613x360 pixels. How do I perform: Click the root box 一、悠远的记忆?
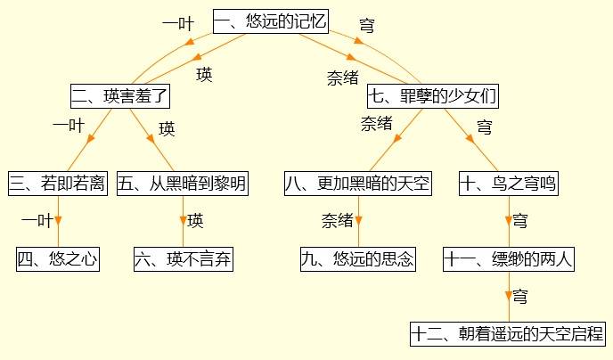(x=271, y=20)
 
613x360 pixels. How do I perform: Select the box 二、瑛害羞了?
(x=119, y=95)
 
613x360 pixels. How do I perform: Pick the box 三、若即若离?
(x=58, y=184)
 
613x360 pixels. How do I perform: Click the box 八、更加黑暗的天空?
(x=358, y=184)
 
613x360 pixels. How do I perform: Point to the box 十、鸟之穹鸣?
(x=509, y=184)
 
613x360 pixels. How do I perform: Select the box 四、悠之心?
(x=57, y=259)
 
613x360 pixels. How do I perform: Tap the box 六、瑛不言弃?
(x=183, y=259)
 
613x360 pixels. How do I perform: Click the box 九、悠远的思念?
(x=358, y=259)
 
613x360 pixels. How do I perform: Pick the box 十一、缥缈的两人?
(x=509, y=259)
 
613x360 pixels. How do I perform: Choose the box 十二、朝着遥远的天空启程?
(x=509, y=334)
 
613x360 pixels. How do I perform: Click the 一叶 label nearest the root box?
(x=177, y=24)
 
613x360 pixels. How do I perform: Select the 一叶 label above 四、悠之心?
(x=37, y=220)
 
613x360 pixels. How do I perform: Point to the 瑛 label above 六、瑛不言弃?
(x=195, y=220)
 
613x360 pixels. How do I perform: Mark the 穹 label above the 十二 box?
(x=520, y=295)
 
